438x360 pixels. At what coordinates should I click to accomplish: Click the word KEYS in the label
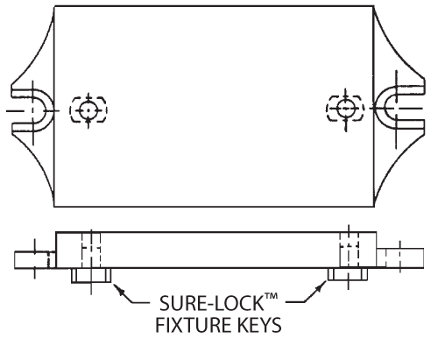point(257,325)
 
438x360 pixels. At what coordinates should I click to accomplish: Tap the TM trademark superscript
point(272,296)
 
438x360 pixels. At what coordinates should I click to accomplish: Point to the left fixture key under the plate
point(91,275)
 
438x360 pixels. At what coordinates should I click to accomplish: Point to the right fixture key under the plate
point(348,274)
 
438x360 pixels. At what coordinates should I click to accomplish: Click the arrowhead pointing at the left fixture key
point(119,290)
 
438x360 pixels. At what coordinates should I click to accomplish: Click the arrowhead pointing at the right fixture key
point(321,286)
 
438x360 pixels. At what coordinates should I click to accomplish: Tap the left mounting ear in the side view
point(35,259)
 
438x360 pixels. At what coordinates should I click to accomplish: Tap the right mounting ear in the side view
point(400,258)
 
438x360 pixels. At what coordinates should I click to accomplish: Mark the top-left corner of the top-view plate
point(54,6)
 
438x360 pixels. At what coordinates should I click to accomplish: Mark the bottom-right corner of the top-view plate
point(374,207)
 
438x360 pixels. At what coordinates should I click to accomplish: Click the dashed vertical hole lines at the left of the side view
point(91,250)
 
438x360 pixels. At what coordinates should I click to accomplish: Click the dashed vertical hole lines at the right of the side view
point(349,250)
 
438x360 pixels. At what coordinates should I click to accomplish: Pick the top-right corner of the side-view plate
point(376,232)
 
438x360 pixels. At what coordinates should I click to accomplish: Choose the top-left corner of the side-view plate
point(56,232)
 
